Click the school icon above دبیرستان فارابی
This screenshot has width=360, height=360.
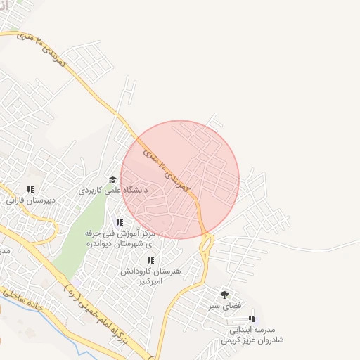coord(30,189)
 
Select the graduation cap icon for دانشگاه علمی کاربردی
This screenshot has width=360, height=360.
coord(112,179)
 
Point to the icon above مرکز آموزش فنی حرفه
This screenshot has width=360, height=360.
coord(120,222)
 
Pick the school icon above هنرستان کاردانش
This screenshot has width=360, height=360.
coord(150,260)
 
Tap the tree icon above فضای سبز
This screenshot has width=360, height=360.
coord(225,295)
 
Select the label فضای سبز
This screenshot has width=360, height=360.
coord(225,307)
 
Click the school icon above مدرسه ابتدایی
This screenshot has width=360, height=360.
coord(252,319)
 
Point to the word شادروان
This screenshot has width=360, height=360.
coord(267,340)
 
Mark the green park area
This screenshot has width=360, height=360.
coord(81,239)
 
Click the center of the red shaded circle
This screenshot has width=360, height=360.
coord(180,179)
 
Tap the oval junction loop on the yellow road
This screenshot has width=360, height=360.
coord(206,243)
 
